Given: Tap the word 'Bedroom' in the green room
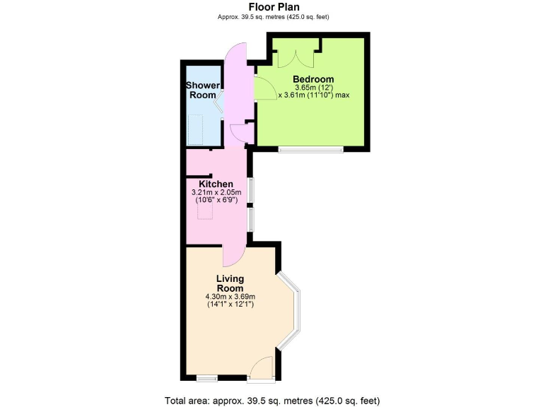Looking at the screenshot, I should click(x=313, y=79).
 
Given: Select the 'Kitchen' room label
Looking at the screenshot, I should click(x=216, y=184).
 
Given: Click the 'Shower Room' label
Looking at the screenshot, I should click(x=202, y=90).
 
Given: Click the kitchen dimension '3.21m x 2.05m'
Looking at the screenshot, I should click(x=216, y=193).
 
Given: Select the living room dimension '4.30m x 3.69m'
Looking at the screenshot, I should click(x=230, y=297).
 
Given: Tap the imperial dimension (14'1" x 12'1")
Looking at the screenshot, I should click(x=230, y=305).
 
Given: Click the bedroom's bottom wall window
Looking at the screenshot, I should click(x=310, y=149).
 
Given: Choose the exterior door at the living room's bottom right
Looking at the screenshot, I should click(x=262, y=367).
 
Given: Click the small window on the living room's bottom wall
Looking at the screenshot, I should click(x=207, y=377).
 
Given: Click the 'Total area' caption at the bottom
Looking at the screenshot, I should click(x=272, y=400).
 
